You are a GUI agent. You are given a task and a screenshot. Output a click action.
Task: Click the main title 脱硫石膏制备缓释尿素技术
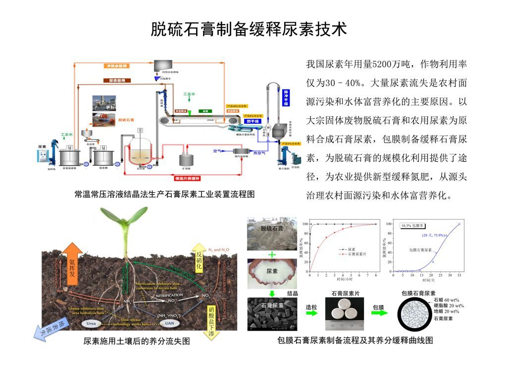249,29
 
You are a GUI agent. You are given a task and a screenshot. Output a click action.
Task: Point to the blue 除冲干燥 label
286,97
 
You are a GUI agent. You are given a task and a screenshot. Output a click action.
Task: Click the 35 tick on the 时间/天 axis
459,275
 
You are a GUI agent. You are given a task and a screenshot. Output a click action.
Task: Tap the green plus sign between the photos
272,254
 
